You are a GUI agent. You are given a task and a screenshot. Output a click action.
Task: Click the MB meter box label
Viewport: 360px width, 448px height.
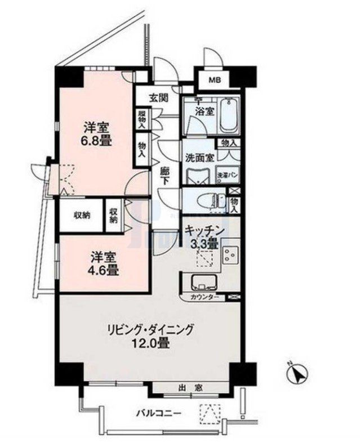click(x=216, y=80)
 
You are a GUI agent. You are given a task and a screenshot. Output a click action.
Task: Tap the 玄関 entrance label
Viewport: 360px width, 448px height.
click(x=158, y=97)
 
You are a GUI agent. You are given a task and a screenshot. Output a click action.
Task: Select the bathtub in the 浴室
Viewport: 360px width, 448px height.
click(x=228, y=114)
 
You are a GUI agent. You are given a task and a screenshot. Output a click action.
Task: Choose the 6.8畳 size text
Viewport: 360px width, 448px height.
click(x=97, y=142)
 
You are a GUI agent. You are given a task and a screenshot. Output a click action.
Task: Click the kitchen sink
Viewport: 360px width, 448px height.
click(x=201, y=283)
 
